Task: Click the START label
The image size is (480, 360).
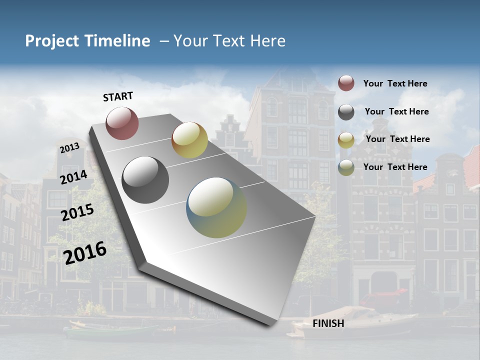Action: point(118,96)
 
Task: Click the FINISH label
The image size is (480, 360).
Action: point(328,323)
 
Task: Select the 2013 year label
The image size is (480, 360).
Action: point(69,148)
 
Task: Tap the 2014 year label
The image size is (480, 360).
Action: point(73,177)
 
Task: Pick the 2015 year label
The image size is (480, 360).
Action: point(77,212)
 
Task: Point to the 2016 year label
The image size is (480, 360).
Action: point(85,252)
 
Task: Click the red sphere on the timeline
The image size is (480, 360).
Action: point(122,123)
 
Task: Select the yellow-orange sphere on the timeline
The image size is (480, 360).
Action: point(189,140)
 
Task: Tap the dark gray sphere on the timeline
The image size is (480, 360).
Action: point(145,179)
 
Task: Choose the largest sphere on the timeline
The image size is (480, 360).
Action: point(216,207)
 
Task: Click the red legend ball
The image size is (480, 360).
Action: point(346,83)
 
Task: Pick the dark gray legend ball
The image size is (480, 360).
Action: point(346,112)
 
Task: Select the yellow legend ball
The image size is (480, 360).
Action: point(346,140)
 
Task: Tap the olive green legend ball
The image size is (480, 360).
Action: point(346,168)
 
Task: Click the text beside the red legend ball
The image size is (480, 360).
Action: point(395,83)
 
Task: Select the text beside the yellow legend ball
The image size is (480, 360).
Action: point(397,139)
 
